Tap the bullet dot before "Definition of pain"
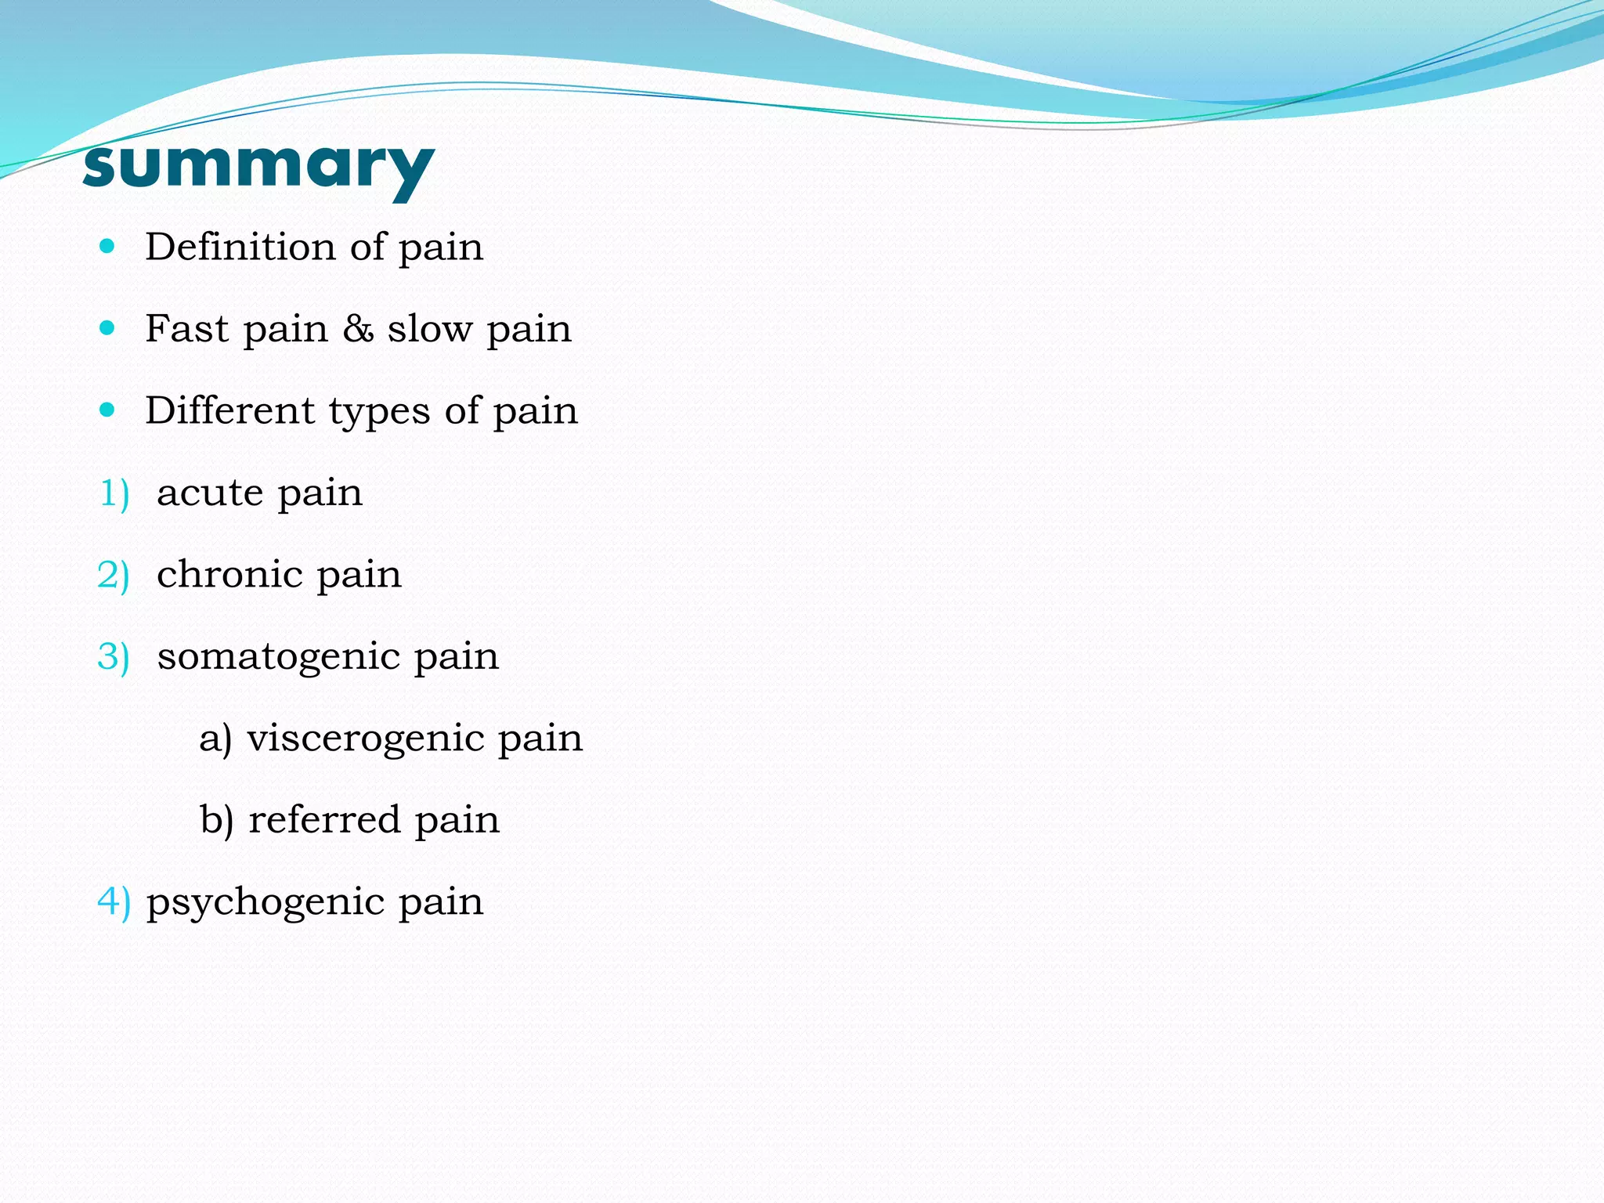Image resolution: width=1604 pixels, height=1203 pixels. pos(108,247)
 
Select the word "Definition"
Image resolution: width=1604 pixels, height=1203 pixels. pos(240,247)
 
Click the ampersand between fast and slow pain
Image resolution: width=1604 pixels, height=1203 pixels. pos(358,328)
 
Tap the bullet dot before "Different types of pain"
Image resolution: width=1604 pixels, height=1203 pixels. pos(108,410)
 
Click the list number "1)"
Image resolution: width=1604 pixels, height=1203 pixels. pos(114,493)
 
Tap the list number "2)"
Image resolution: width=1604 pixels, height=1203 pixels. pos(114,576)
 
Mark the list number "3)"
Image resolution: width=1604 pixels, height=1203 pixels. pos(114,657)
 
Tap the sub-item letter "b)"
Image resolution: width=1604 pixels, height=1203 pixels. pos(217,820)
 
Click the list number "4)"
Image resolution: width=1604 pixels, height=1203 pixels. pos(114,901)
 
